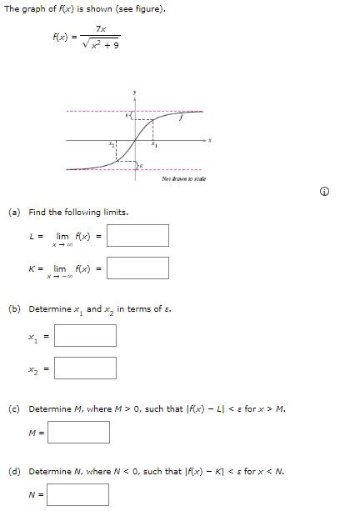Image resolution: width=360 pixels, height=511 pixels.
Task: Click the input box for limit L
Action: pos(137,235)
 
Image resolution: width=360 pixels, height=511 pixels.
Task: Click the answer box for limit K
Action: pos(137,268)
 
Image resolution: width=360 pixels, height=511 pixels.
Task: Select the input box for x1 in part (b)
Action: pos(85,335)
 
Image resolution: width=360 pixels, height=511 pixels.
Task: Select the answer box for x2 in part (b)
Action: pos(85,368)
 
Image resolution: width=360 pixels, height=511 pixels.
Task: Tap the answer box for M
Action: pos(78,432)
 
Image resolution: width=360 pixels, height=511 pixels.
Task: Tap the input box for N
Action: pos(78,494)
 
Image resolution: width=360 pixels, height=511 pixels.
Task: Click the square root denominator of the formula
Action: pos(100,45)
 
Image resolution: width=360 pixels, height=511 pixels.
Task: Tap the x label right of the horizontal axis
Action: pos(210,140)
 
